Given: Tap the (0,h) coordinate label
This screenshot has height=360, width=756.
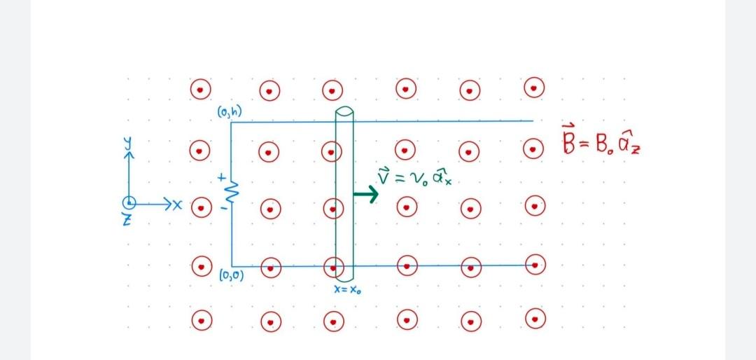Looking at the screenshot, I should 230,111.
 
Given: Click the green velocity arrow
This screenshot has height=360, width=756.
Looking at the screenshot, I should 365,194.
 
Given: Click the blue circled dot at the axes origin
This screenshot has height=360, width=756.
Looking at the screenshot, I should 129,203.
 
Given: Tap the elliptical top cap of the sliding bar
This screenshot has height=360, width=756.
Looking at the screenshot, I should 344,113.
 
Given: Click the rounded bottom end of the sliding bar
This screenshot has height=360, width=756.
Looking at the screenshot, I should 344,277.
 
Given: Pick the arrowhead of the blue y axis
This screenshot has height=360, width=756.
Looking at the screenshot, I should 129,155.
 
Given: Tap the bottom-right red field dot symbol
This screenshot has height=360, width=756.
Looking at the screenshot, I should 535,319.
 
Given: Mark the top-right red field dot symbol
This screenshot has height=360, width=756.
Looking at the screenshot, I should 535,88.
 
